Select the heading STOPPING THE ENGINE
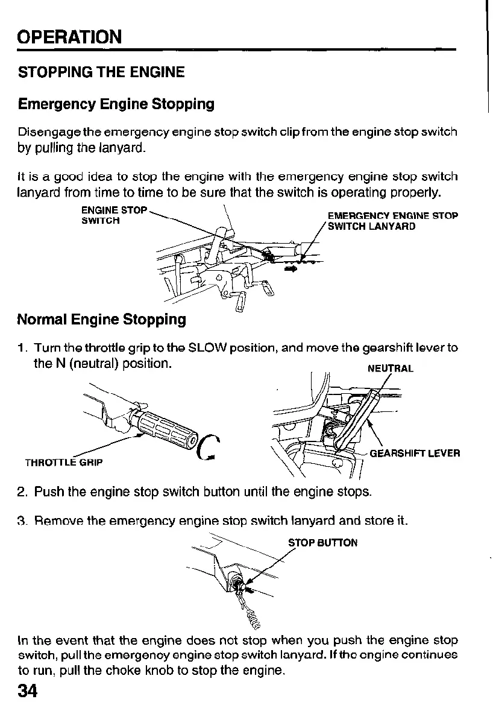(101, 73)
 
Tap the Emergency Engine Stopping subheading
(116, 104)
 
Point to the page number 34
(28, 690)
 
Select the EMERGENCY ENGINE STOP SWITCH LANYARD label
(392, 221)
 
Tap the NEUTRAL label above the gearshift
(390, 368)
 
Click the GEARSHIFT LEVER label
(415, 453)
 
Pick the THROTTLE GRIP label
(63, 463)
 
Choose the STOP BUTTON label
(322, 543)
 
